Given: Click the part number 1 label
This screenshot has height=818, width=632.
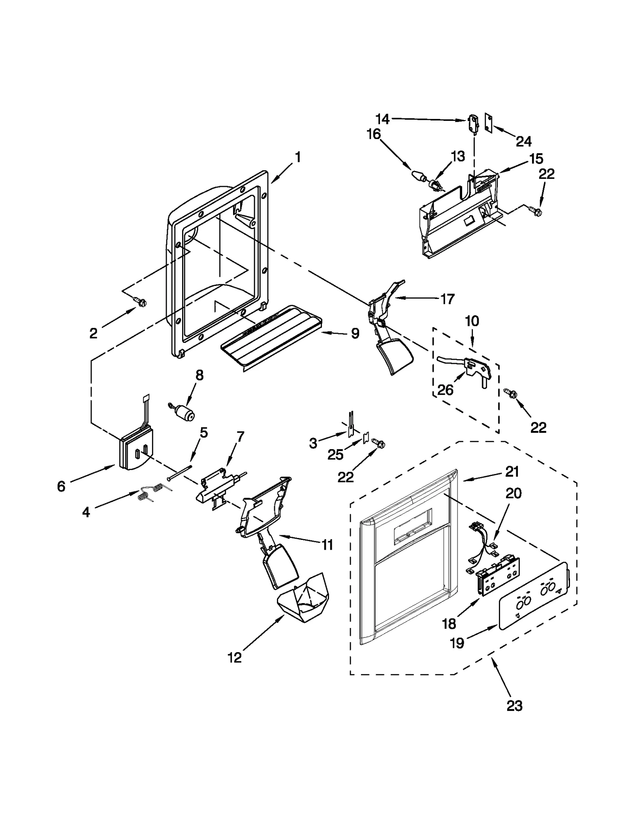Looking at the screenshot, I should (x=298, y=157).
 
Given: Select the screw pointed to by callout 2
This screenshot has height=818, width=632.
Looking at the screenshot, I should (x=141, y=302).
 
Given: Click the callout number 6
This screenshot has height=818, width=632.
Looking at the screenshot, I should (x=61, y=487).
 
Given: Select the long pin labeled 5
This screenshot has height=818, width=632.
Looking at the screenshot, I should (x=179, y=472).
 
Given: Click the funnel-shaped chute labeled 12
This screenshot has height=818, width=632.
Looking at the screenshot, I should (x=303, y=603).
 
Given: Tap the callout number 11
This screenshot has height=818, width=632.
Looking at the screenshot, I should (x=327, y=545).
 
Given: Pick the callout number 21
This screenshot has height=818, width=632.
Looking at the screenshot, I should (x=512, y=472).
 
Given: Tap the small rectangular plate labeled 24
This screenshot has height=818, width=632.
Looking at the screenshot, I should (x=489, y=124).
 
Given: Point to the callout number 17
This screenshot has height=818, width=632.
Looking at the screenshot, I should (x=447, y=299).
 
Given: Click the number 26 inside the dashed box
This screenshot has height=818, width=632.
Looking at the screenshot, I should (x=445, y=390).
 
